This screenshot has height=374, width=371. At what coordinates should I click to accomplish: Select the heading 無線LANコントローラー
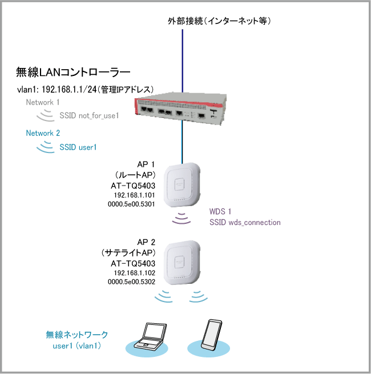click(x=74, y=73)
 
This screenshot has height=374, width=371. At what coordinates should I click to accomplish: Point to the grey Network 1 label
click(x=43, y=102)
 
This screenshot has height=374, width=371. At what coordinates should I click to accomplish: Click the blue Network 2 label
click(x=43, y=133)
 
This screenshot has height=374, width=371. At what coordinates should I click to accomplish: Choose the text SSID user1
click(x=78, y=147)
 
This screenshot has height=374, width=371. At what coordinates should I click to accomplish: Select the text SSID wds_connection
click(x=245, y=222)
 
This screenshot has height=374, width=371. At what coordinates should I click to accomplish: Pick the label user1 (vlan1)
click(x=77, y=345)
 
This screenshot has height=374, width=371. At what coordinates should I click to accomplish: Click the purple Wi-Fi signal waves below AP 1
click(x=183, y=219)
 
